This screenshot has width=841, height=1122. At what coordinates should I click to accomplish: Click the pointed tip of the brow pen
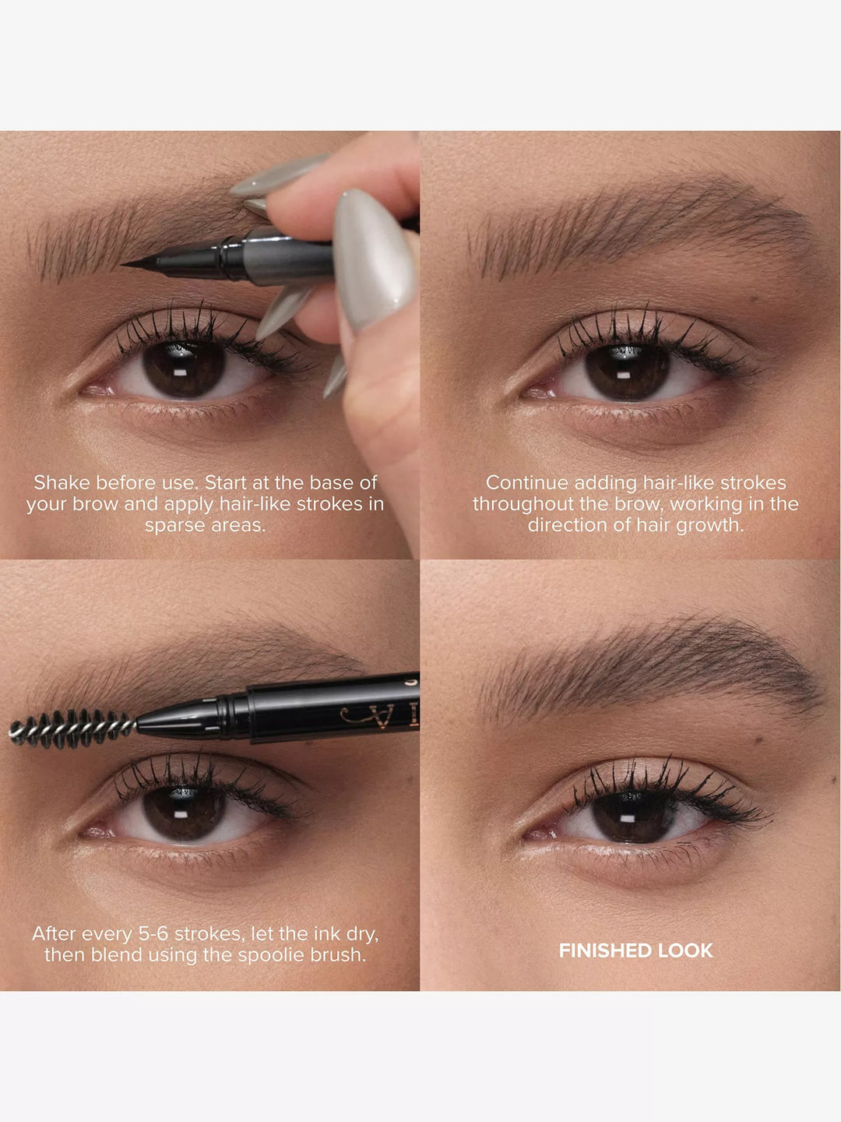pos(126,265)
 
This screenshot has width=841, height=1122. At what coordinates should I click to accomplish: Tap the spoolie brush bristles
pos(70,729)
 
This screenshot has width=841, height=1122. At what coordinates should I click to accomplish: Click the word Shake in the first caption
pos(62,483)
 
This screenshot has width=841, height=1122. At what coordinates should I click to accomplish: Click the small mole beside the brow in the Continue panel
pos(755,298)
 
